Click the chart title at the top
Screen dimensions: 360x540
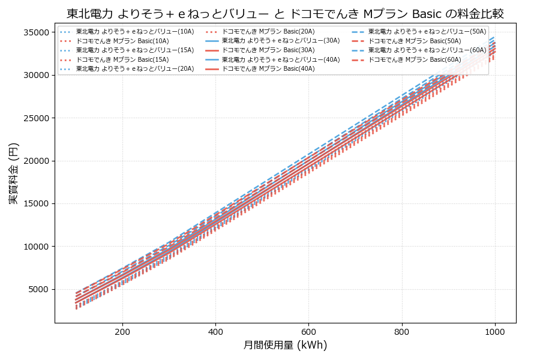[x=285, y=13]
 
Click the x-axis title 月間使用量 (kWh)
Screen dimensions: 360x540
[x=285, y=345]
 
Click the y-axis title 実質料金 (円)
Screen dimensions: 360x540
[x=13, y=173]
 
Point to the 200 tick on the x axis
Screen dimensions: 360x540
[x=122, y=331]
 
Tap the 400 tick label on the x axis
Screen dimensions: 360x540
[x=215, y=331]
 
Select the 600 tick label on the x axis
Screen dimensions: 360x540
[x=308, y=331]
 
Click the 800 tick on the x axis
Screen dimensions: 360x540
[x=402, y=331]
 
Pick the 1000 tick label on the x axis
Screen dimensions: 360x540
[x=495, y=331]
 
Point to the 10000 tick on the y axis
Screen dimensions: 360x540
[x=38, y=247]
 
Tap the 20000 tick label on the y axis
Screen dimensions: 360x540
[x=38, y=161]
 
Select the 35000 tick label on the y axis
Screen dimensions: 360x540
[x=38, y=32]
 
